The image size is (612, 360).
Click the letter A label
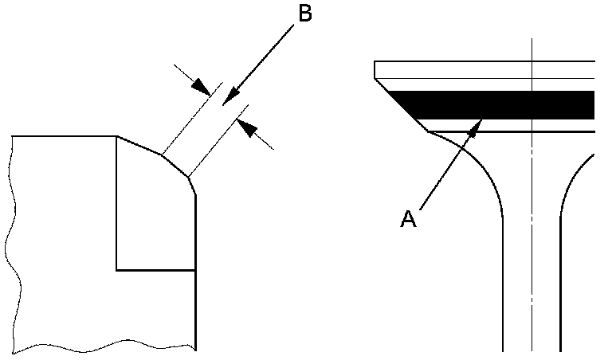pos(408,218)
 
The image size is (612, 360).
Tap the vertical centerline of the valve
pos(532,239)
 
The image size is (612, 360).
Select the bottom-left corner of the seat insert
pos(117,270)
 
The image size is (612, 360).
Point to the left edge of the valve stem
pos(503,287)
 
